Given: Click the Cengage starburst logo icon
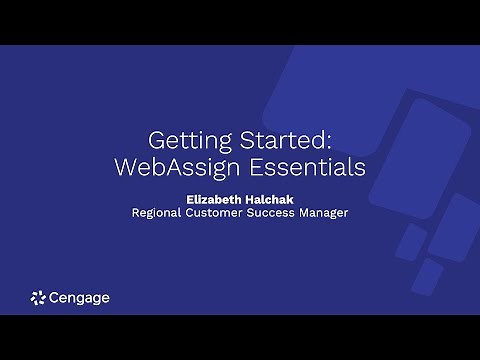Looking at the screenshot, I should pyautogui.click(x=39, y=297).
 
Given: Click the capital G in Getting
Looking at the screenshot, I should pyautogui.click(x=155, y=137).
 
